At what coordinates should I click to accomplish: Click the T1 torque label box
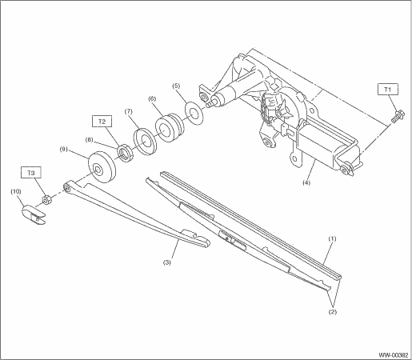[388, 90]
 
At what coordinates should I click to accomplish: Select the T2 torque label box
[102, 121]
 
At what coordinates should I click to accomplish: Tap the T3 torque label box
[31, 173]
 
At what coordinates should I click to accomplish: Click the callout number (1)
[332, 238]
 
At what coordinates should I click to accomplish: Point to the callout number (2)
[333, 312]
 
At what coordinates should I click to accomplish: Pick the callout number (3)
[167, 262]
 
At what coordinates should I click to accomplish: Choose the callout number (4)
[306, 182]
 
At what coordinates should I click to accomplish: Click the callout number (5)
[176, 86]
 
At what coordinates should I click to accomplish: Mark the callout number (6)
[152, 98]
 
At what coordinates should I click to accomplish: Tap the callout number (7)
[129, 111]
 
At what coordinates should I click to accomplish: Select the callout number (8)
[90, 139]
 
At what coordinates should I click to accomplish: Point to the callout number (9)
[64, 149]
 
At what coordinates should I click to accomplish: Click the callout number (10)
[16, 191]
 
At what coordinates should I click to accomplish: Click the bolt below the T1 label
[398, 117]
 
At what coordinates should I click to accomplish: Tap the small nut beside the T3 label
[47, 199]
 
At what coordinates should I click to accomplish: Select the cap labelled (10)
[34, 214]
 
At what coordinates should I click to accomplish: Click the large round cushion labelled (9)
[102, 167]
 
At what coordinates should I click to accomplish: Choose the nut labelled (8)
[126, 153]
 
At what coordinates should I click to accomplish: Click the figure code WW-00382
[394, 355]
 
